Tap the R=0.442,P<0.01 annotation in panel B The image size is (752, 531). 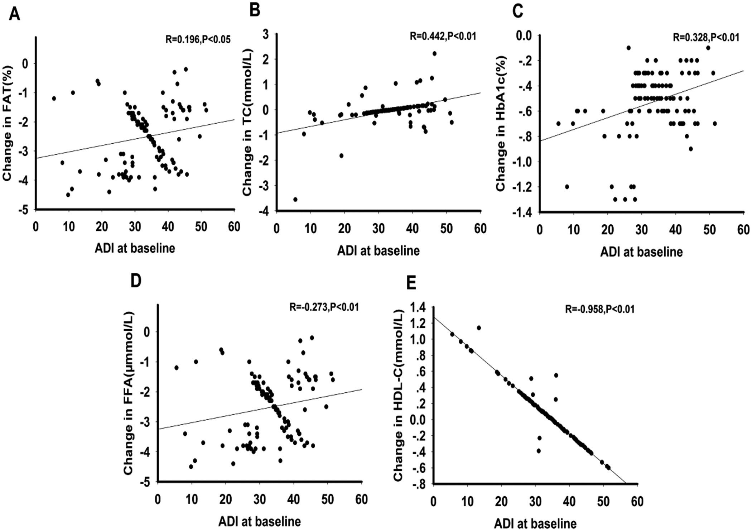[x=443, y=36]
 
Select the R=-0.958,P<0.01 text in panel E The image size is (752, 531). [x=600, y=309]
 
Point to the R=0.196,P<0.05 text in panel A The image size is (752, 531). [x=198, y=39]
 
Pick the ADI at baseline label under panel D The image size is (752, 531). [x=260, y=521]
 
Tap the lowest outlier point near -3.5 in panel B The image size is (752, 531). [x=295, y=199]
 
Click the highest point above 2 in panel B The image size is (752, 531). [x=434, y=53]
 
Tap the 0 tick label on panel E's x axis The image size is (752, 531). [x=434, y=501]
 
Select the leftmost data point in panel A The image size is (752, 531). [x=54, y=98]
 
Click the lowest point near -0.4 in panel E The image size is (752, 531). [x=539, y=451]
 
